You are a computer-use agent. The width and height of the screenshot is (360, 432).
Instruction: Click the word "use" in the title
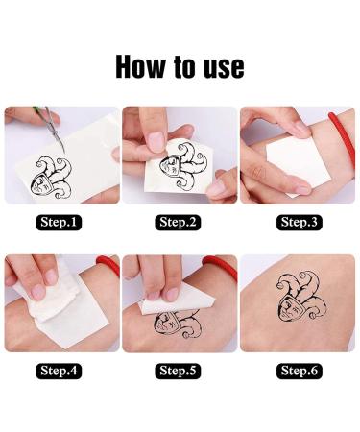tap(220, 66)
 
